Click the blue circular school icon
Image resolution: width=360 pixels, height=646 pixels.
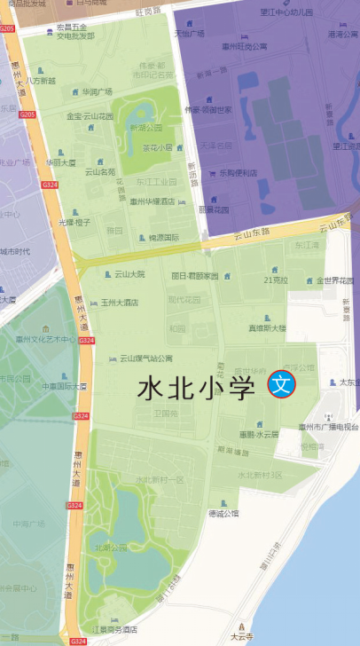(281, 384)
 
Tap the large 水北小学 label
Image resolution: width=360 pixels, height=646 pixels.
(196, 388)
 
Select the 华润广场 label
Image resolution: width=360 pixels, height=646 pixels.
(98, 91)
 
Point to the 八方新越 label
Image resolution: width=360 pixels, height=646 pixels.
(41, 81)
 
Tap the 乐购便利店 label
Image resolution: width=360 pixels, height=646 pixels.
(239, 173)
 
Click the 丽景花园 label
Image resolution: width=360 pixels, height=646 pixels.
(214, 210)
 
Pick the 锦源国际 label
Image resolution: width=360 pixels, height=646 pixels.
(164, 238)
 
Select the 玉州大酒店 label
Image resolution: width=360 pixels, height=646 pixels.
(120, 303)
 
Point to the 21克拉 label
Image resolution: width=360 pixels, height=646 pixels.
(276, 280)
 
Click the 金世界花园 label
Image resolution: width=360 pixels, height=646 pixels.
(335, 280)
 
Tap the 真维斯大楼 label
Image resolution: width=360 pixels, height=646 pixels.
(267, 327)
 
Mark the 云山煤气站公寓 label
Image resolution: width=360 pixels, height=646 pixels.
(147, 358)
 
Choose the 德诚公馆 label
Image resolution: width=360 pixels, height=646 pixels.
(223, 513)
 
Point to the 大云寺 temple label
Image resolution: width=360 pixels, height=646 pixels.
(242, 635)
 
